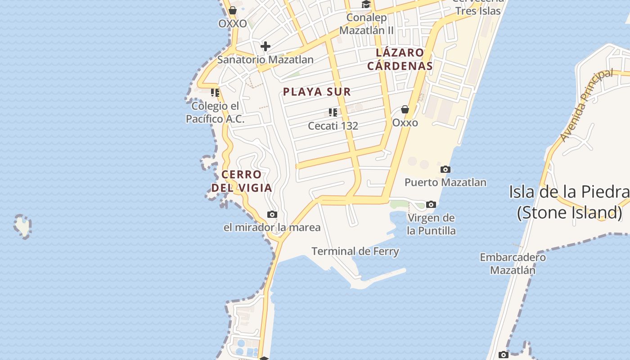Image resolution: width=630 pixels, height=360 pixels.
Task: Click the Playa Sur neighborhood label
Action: coord(317,92)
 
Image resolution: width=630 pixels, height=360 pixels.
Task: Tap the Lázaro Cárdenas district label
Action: coord(400,59)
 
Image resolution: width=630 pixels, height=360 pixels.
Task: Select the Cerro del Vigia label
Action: coord(242,181)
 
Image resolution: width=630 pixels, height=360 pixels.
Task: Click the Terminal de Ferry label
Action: coord(355,251)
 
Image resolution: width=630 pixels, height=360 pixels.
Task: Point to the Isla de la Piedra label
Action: coord(569,201)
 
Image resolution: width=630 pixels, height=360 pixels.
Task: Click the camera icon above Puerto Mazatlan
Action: coord(445,169)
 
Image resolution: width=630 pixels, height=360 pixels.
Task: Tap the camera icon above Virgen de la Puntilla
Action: coord(431,204)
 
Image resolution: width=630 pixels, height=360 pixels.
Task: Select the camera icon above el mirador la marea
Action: coord(272,214)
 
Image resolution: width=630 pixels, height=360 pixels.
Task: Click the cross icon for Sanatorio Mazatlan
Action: coord(265,46)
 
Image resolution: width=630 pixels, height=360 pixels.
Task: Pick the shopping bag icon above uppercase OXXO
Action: coord(233,10)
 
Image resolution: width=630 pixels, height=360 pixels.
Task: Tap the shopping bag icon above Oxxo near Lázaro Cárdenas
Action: coord(405,109)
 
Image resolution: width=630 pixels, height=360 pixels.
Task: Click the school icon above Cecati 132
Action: coord(333,112)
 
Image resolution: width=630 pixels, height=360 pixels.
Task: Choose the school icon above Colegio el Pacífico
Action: coord(215,93)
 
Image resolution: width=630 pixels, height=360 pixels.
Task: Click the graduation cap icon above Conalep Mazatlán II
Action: coord(366,4)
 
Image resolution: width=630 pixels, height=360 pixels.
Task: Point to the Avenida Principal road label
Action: coord(587,105)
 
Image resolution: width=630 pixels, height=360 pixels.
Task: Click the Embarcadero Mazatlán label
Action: coord(513,264)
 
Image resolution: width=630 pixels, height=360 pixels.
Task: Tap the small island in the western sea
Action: coord(22,225)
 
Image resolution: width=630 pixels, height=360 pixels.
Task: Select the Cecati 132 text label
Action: coord(333,126)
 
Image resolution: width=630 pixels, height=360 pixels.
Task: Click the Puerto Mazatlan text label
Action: coord(445,182)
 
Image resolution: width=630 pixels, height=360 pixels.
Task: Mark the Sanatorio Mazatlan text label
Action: coord(265,59)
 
